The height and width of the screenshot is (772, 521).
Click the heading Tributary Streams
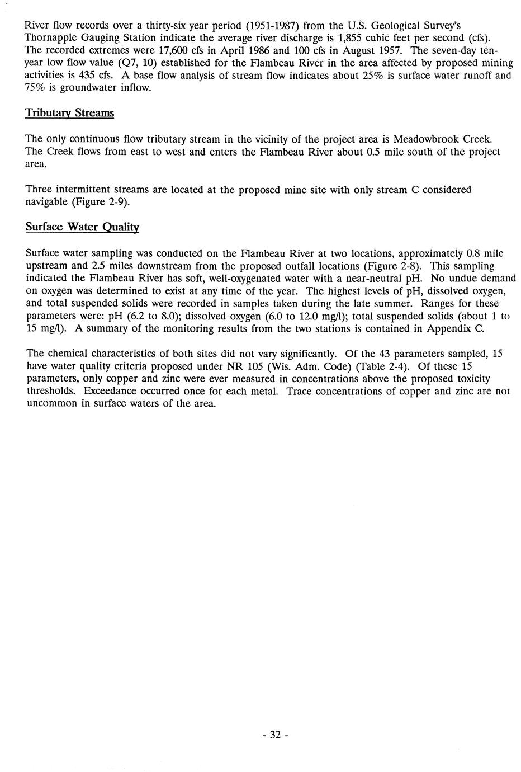click(70, 113)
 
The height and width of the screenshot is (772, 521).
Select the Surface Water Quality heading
click(82, 227)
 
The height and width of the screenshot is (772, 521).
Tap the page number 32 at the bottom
click(275, 735)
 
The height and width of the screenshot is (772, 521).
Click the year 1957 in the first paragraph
click(394, 50)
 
